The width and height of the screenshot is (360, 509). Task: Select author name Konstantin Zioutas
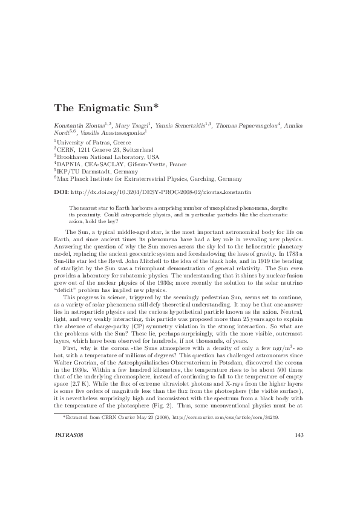[79, 126]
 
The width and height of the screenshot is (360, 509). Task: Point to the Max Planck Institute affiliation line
[149, 179]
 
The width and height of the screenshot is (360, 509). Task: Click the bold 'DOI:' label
[62, 192]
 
